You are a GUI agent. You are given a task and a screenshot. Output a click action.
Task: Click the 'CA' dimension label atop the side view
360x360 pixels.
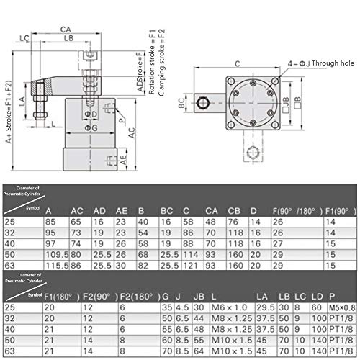[66, 29]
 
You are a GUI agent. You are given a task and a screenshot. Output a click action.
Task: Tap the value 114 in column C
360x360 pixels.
[189, 256]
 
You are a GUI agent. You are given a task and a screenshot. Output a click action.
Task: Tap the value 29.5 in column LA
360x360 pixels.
[265, 307]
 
